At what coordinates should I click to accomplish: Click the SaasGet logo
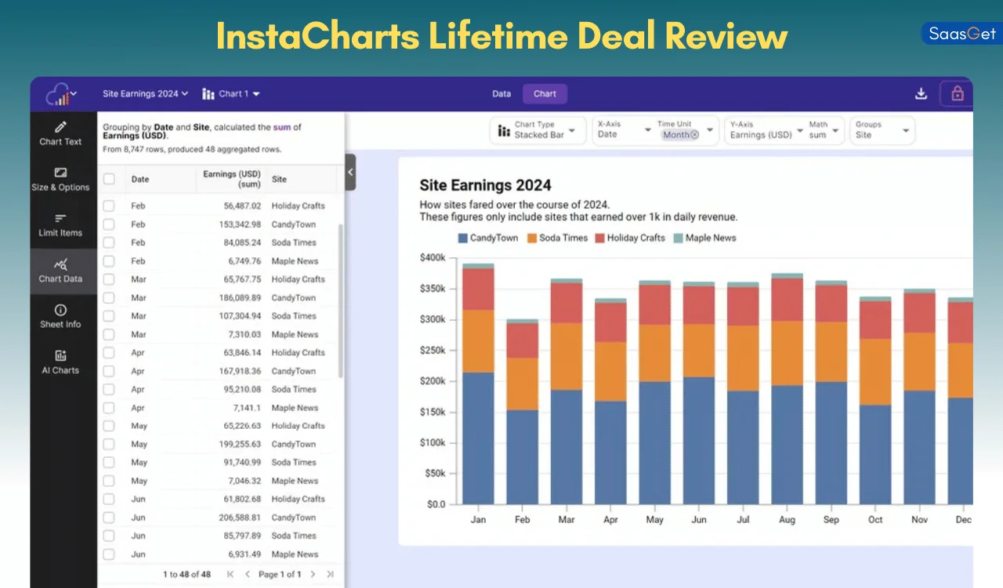pyautogui.click(x=961, y=34)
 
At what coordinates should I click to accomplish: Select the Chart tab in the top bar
pyautogui.click(x=545, y=94)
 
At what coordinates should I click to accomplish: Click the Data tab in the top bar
pyautogui.click(x=501, y=94)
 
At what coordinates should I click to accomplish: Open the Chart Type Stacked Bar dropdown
pyautogui.click(x=538, y=130)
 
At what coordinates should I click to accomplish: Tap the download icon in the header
pyautogui.click(x=921, y=94)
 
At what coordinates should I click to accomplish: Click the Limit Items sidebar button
pyautogui.click(x=60, y=225)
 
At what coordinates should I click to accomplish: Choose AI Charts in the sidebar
pyautogui.click(x=60, y=362)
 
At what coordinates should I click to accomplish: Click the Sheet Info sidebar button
pyautogui.click(x=60, y=317)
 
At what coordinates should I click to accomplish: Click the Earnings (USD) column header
pyautogui.click(x=232, y=179)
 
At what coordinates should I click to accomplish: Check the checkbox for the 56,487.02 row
pyautogui.click(x=109, y=206)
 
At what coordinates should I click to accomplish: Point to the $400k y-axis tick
pyautogui.click(x=433, y=258)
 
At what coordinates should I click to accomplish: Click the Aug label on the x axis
pyautogui.click(x=787, y=520)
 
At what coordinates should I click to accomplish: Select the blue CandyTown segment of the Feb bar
pyautogui.click(x=522, y=456)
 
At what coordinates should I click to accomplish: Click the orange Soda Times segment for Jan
pyautogui.click(x=478, y=341)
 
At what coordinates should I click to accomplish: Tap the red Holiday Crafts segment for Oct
pyautogui.click(x=875, y=320)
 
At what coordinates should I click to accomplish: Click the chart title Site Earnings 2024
pyautogui.click(x=485, y=186)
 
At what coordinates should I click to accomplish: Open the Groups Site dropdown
pyautogui.click(x=882, y=130)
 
